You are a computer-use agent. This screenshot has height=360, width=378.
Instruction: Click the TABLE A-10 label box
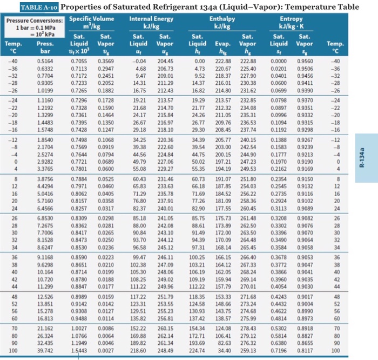pos(39,7)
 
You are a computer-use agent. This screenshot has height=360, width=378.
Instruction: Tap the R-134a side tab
pos(366,158)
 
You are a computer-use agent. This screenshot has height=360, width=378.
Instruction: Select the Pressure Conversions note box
pos(35,28)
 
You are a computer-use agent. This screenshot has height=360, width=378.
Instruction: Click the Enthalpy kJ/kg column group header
pos(222,23)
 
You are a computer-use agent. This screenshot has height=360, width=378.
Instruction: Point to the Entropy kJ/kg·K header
pos(291,23)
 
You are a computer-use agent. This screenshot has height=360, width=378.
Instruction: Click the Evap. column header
pos(222,47)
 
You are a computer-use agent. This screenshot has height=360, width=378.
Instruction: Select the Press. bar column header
pos(45,47)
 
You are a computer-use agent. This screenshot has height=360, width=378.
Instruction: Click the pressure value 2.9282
pos(45,162)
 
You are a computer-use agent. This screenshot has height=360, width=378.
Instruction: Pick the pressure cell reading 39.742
pos(45,350)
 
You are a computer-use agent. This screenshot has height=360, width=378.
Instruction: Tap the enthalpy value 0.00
pos(200,61)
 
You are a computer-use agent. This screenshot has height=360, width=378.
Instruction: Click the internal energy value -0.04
pos(139,61)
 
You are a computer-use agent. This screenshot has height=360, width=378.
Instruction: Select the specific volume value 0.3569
pos(106,61)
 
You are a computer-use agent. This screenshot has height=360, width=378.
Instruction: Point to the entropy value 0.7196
pos(279,350)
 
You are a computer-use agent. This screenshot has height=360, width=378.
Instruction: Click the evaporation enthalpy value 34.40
pos(225,350)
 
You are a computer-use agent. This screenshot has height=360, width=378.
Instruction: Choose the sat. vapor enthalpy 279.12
pos(248,336)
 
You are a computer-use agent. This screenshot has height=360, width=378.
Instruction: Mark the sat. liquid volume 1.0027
pos(79,329)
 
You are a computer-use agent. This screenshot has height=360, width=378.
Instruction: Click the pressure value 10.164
pos(45,272)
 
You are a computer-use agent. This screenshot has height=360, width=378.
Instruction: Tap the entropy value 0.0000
pos(279,61)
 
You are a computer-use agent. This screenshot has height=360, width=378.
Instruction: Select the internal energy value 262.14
pos(165,336)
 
